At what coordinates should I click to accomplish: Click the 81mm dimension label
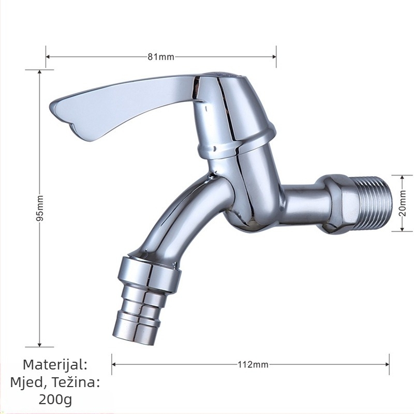click(x=161, y=57)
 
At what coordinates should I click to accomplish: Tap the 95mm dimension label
click(x=40, y=209)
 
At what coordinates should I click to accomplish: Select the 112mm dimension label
click(x=253, y=365)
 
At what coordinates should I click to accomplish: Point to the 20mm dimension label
click(x=403, y=203)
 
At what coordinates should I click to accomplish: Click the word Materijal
click(x=55, y=365)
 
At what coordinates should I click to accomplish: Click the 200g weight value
click(x=55, y=400)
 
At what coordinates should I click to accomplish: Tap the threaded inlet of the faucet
click(x=374, y=203)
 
